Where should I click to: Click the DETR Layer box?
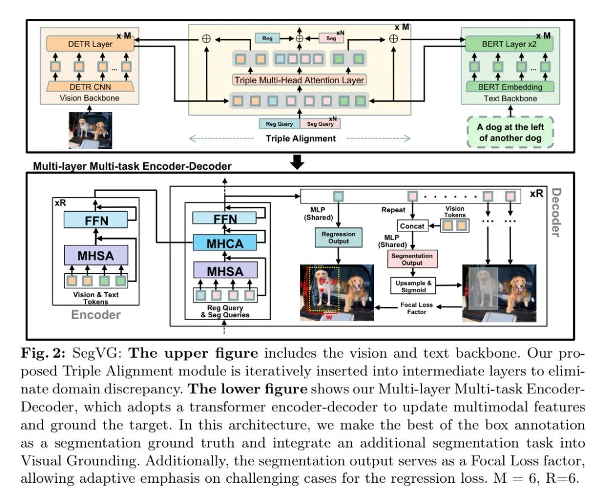click(x=90, y=44)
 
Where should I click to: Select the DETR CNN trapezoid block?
click(x=90, y=87)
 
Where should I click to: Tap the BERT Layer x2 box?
click(x=509, y=44)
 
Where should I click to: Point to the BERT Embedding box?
click(x=510, y=87)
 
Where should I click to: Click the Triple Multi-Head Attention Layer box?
click(x=299, y=80)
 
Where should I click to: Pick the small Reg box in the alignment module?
click(x=267, y=38)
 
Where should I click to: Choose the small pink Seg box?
click(x=331, y=38)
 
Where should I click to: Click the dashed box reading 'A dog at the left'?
click(x=511, y=132)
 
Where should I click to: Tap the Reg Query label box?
click(x=280, y=123)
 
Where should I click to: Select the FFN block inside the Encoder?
click(x=96, y=221)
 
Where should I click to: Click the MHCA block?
click(x=225, y=243)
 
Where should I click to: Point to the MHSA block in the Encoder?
click(x=96, y=255)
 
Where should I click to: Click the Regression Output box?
click(x=338, y=238)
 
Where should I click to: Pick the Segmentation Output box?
click(x=412, y=259)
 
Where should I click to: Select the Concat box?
click(x=412, y=226)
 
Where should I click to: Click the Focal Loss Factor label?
click(x=417, y=308)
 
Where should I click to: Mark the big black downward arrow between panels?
click(x=298, y=162)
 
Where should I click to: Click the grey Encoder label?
click(x=96, y=315)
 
